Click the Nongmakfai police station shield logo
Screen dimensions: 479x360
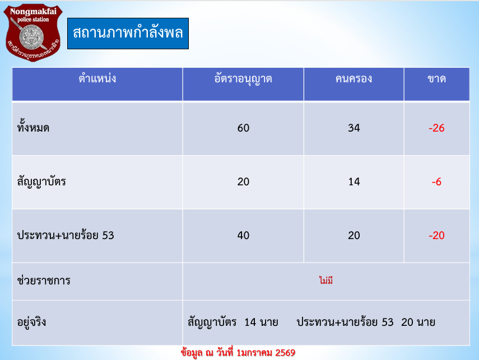(33, 32)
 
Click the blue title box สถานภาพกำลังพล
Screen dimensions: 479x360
(128, 33)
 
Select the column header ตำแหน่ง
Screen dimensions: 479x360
(97, 78)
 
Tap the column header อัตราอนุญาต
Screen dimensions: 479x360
(243, 79)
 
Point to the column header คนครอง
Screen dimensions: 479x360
(354, 79)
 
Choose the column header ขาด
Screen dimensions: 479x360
(436, 79)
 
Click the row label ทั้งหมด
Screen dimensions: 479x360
(33, 127)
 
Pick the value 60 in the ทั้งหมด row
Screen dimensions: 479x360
(244, 128)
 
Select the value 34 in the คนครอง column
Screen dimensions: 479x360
(354, 128)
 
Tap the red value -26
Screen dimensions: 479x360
(436, 128)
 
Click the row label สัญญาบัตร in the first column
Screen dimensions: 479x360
(41, 182)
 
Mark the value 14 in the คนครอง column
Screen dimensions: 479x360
(354, 181)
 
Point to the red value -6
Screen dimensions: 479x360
(436, 181)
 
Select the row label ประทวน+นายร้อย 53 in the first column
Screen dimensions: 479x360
(66, 235)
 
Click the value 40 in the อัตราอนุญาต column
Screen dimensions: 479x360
(244, 235)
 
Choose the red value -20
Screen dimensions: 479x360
(436, 235)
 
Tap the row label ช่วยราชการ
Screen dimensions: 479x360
(44, 280)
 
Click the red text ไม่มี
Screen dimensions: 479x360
(326, 280)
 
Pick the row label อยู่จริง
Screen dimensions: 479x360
(32, 322)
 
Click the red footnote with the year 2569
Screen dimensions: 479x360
(238, 353)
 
